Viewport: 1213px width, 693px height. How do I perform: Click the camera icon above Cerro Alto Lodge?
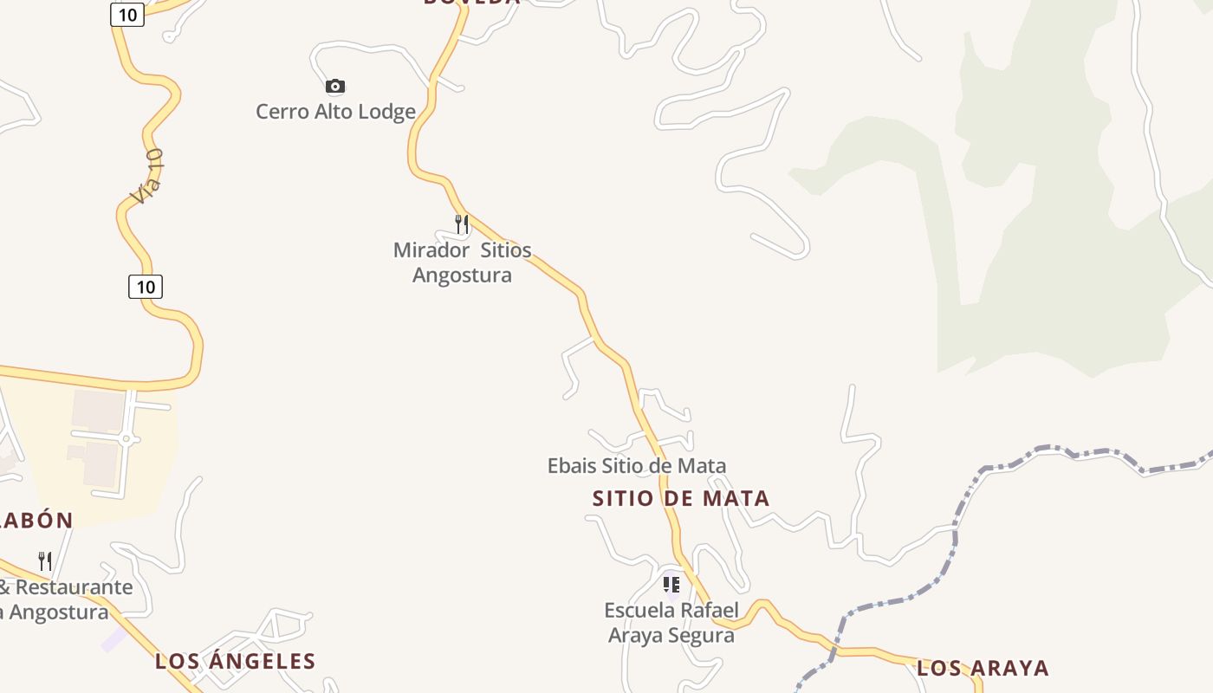click(335, 86)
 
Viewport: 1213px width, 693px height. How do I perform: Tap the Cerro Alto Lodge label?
click(335, 112)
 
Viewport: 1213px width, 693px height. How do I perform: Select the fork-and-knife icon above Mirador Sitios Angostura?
click(462, 224)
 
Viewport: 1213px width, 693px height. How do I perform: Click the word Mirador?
click(431, 250)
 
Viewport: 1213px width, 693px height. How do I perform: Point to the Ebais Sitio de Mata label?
click(636, 466)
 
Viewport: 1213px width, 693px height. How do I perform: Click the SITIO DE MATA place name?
click(681, 499)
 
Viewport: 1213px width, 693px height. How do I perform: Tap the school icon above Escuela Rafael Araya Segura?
click(671, 585)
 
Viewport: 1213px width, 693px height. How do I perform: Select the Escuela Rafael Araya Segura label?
click(671, 623)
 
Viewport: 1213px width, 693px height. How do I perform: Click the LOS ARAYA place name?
click(983, 669)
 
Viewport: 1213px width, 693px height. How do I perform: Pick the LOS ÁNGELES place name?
click(235, 662)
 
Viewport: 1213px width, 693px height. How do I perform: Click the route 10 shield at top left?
click(127, 15)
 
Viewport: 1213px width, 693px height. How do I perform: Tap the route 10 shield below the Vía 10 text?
click(146, 287)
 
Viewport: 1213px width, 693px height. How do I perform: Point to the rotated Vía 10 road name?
click(147, 177)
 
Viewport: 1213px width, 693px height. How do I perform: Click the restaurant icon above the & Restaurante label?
click(45, 560)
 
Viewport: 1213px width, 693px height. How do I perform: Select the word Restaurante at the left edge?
click(75, 587)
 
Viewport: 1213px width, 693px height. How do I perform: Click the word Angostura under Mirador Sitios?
click(462, 275)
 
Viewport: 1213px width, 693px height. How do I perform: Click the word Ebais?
click(572, 466)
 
